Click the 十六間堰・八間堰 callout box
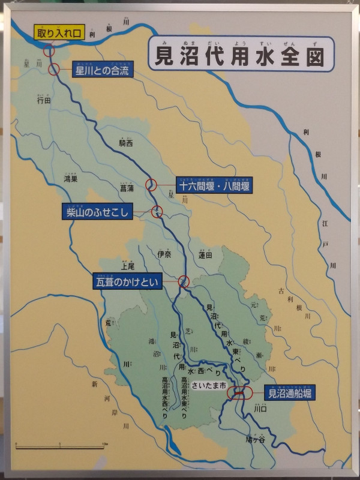(214, 185)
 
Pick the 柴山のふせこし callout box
(98, 211)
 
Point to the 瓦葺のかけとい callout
(127, 280)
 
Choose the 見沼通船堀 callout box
(289, 394)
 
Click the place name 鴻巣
(71, 179)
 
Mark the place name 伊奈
(164, 254)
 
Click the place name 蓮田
(205, 254)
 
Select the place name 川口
(260, 410)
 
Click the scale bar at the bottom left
(61, 446)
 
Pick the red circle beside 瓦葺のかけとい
(184, 281)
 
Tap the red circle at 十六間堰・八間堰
(152, 185)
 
